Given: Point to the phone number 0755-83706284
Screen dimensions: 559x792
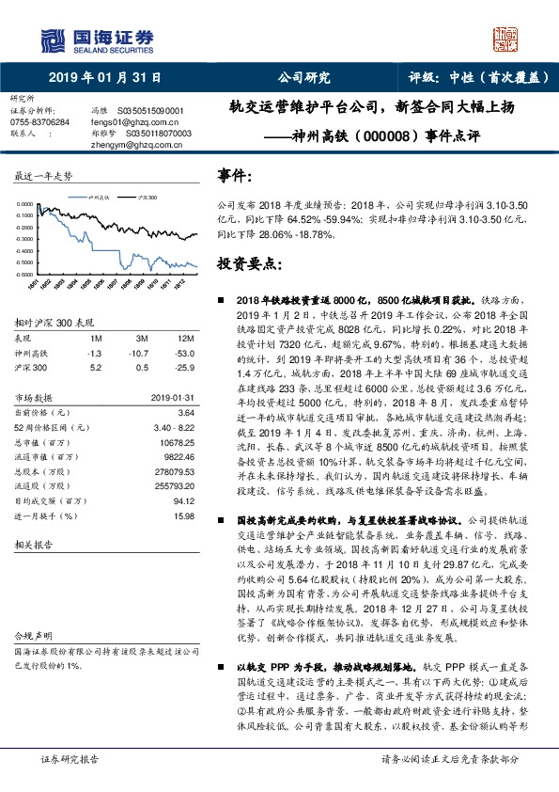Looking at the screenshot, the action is [40, 122].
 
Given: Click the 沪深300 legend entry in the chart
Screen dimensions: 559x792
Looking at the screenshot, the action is [147, 199].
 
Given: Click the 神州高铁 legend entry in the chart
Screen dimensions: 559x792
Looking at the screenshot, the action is [101, 199].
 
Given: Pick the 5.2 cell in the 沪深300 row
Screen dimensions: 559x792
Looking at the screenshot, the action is [94, 365].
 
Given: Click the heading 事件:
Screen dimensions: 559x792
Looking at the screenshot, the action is [234, 175].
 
